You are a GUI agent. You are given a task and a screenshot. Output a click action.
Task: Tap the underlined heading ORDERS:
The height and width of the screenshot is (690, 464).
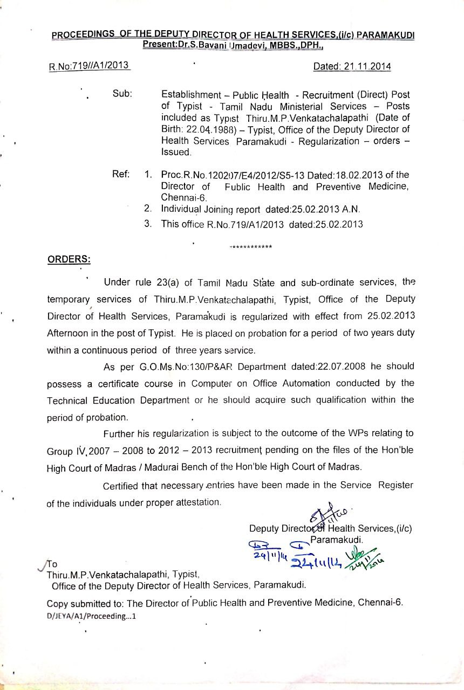[x=69, y=259]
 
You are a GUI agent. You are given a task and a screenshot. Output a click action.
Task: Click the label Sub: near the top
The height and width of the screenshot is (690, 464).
[x=122, y=93]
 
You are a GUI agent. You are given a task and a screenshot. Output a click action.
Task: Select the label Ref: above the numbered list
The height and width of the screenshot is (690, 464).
[x=122, y=174]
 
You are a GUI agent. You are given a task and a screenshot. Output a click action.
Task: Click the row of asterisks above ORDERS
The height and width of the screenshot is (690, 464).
[x=251, y=247]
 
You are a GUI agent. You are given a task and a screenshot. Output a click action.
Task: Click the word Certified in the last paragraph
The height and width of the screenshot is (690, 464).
[x=121, y=486]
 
